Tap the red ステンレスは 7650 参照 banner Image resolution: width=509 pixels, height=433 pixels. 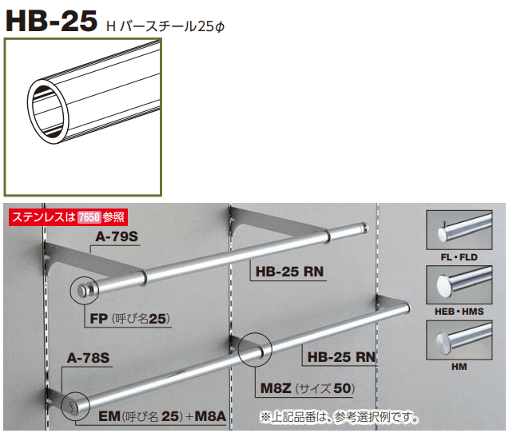tap(68, 216)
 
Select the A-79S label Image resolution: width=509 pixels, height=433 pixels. tap(117, 237)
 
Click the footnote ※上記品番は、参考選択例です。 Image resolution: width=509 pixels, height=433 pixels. tap(339, 417)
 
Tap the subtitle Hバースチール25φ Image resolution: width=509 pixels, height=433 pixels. tap(166, 26)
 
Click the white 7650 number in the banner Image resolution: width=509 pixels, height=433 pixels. tap(89, 216)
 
